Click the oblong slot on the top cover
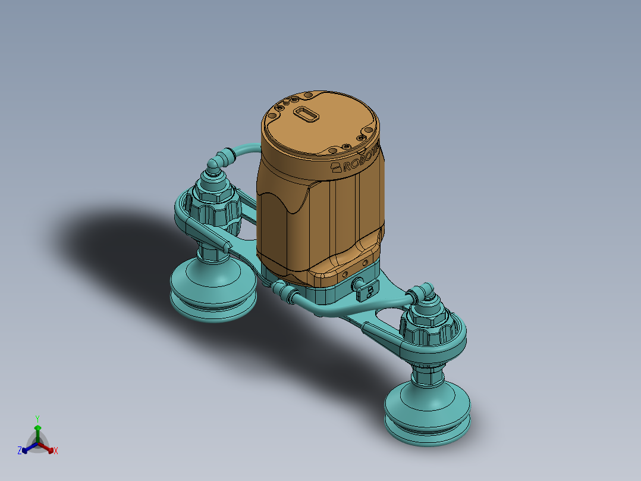(306, 114)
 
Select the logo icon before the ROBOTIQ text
(337, 167)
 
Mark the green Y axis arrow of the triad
(37, 429)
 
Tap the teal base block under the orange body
(333, 292)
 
